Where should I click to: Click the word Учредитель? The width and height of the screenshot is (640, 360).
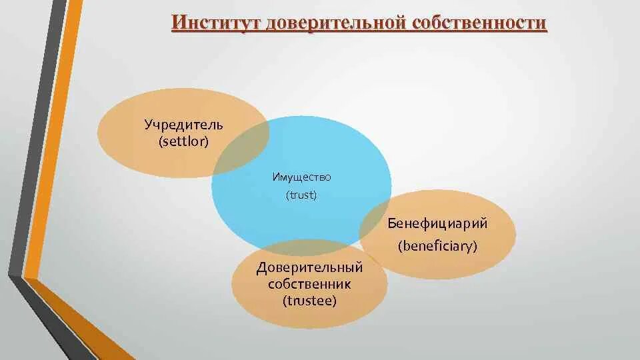coord(184,125)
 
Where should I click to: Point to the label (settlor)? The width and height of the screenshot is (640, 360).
coord(184,141)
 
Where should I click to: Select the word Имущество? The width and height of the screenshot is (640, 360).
coord(301,177)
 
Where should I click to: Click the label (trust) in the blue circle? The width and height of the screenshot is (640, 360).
coord(301,195)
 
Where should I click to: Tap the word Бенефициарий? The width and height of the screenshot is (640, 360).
coord(438,224)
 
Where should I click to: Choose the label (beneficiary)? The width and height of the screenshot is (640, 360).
coord(438,246)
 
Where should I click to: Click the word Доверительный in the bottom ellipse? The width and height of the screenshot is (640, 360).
coord(310,268)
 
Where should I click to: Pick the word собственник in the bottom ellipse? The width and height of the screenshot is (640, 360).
coord(310,285)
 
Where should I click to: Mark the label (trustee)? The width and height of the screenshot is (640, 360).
coord(310,301)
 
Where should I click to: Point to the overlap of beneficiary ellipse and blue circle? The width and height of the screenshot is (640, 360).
coord(375,220)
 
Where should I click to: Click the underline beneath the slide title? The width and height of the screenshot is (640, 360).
coord(359,33)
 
